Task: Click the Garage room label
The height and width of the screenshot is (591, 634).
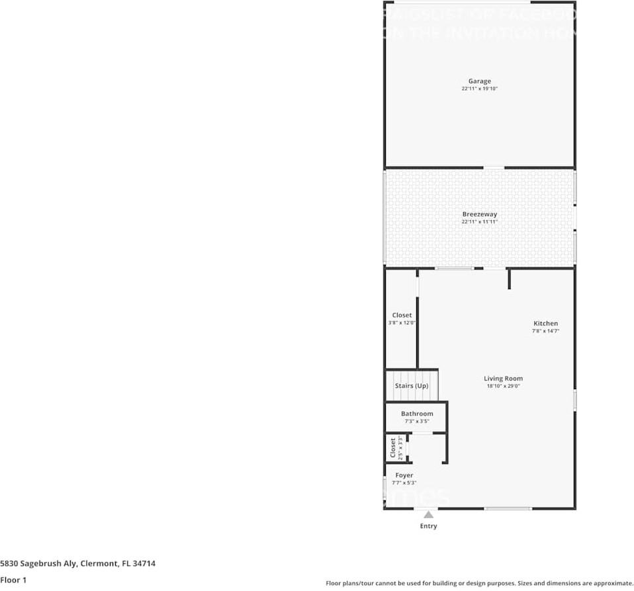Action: click(x=479, y=81)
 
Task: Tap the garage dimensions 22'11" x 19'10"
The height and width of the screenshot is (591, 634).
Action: click(x=479, y=89)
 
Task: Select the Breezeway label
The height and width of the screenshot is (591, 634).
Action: click(x=479, y=214)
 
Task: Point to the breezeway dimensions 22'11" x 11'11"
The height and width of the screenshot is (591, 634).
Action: click(x=479, y=222)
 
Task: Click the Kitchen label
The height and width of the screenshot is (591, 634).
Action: click(x=545, y=324)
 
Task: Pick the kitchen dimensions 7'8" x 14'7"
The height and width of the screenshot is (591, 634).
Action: click(x=545, y=331)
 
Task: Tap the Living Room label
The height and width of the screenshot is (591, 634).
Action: click(x=503, y=379)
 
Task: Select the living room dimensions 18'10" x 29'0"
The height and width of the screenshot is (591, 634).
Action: click(x=503, y=386)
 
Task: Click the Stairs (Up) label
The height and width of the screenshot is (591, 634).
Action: click(x=412, y=386)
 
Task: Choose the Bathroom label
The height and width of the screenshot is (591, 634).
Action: click(x=417, y=414)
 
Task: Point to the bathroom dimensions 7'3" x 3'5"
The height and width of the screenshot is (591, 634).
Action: click(x=417, y=421)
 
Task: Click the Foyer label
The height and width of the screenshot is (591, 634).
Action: click(x=404, y=475)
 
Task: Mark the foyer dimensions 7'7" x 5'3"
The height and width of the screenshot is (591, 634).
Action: click(x=404, y=482)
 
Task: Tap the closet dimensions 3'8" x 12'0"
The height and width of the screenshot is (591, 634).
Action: click(x=401, y=323)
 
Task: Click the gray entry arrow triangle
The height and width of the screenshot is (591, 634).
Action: click(x=428, y=514)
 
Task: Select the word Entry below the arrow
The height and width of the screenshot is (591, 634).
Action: click(x=428, y=526)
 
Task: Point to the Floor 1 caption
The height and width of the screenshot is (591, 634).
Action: click(x=13, y=580)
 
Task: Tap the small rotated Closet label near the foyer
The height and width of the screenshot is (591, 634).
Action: click(x=392, y=447)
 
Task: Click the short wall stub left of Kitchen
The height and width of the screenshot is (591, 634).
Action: click(x=509, y=279)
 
